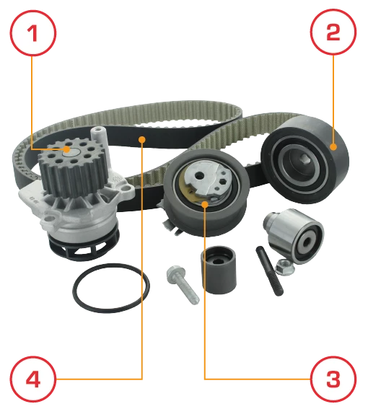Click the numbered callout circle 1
[33, 33]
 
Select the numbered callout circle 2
[333, 32]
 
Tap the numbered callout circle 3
[333, 379]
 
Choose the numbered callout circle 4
[33, 379]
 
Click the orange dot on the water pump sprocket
[67, 149]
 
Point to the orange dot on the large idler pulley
[333, 147]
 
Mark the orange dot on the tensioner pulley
[205, 204]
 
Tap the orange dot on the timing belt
[142, 140]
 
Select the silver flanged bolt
[183, 284]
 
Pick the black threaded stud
[269, 271]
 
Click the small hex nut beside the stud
[285, 267]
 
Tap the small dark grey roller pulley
[219, 270]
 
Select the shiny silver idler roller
[294, 236]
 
